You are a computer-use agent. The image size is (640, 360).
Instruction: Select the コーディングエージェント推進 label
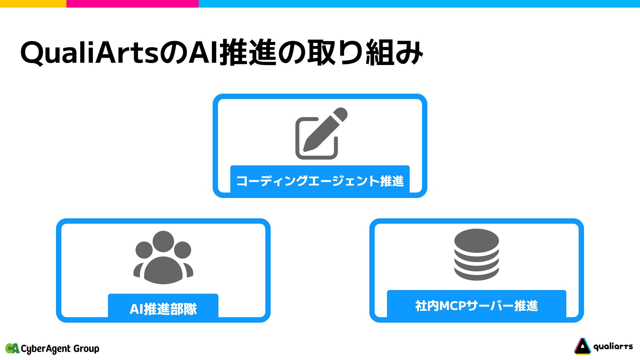[320, 181]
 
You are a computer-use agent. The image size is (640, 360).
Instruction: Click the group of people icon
[163, 257]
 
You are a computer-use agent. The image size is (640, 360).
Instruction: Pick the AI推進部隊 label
[163, 309]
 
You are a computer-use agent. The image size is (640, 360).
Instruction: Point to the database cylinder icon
[476, 254]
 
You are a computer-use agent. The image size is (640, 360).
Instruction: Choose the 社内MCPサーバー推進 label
[476, 306]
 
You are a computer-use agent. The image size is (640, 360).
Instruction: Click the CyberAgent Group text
[60, 349]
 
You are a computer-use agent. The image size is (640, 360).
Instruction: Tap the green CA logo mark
[12, 348]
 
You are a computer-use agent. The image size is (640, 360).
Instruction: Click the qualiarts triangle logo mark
[582, 346]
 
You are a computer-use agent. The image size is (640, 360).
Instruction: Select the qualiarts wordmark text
[613, 347]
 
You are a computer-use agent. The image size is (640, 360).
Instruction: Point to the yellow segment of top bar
[33, 3]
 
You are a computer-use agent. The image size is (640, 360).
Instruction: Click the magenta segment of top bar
[132, 3]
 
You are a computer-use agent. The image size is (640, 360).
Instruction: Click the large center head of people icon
[163, 241]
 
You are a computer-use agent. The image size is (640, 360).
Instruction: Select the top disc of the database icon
[476, 240]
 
